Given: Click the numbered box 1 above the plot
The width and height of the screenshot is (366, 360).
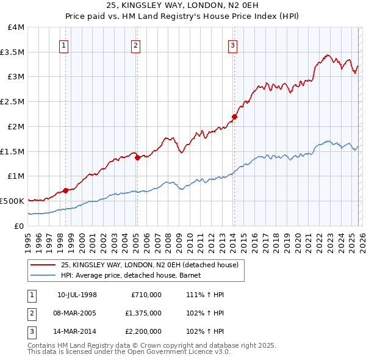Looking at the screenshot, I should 64,45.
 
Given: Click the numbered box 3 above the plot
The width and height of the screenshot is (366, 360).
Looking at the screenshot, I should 232,45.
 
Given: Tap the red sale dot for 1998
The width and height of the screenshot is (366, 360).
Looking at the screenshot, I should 65,190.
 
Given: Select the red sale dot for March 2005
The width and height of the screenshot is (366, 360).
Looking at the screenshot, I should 137,157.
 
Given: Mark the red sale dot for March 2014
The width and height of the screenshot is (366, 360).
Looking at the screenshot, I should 234,117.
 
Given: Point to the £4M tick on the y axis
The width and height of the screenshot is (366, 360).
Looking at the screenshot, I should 16,27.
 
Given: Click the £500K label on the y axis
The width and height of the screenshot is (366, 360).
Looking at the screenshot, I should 12,201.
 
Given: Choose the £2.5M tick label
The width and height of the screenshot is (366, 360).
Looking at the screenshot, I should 13,102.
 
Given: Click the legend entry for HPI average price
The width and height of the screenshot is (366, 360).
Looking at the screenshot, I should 135,275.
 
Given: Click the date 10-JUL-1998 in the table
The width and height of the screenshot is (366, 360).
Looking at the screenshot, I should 77,295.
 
